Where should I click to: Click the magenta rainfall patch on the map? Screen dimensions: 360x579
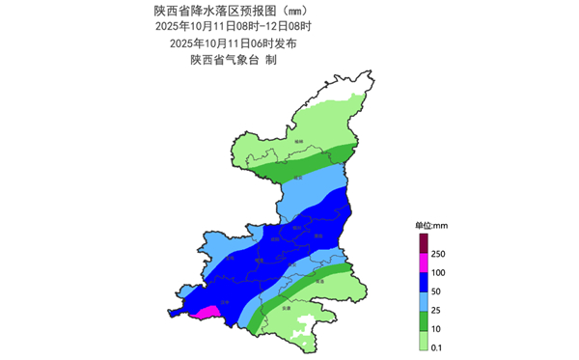click(206, 311)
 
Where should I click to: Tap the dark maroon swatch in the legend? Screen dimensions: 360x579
click(423, 241)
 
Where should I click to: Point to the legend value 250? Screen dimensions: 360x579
click(438, 253)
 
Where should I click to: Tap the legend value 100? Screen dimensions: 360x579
click(438, 272)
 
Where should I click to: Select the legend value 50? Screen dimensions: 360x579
click(436, 291)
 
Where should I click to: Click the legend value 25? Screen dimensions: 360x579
click(436, 311)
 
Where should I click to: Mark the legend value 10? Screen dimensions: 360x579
click(436, 330)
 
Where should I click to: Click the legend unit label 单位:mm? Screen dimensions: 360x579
click(426, 224)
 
